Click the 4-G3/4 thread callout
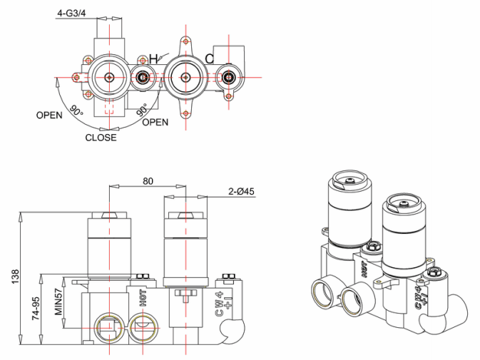tap(71, 13)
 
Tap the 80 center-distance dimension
tap(148, 181)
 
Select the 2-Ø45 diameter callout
tap(241, 192)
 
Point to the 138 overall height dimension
tap(15, 276)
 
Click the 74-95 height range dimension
tap(36, 308)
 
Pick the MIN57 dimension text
tap(58, 302)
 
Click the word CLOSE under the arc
tap(101, 138)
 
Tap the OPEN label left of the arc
tap(49, 115)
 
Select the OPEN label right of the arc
tap(155, 123)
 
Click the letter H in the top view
tap(153, 58)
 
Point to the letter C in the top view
tap(210, 58)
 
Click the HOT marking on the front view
tap(143, 298)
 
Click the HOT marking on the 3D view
tap(364, 269)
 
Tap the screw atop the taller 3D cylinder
tap(349, 181)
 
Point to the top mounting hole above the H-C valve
tap(185, 41)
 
